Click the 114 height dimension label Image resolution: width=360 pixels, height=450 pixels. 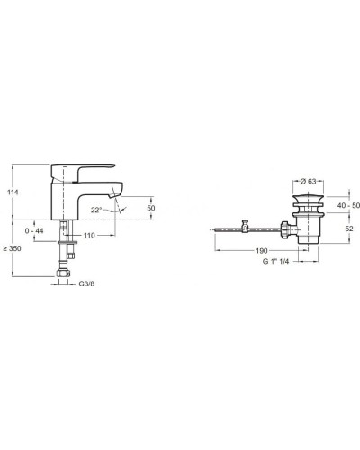click(13, 193)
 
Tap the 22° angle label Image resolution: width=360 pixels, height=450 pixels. click(96, 210)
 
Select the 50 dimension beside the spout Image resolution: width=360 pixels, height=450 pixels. click(151, 208)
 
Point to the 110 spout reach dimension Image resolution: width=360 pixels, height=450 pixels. click(89, 236)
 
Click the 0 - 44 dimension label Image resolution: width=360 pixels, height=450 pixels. click(34, 230)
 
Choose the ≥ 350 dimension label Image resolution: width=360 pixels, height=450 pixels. click(12, 248)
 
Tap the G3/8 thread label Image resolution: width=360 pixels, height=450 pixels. click(86, 283)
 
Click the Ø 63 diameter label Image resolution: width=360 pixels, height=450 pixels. click(308, 181)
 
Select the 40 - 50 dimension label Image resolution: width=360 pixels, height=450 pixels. click(348, 205)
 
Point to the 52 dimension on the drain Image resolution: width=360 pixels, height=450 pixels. click(349, 229)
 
